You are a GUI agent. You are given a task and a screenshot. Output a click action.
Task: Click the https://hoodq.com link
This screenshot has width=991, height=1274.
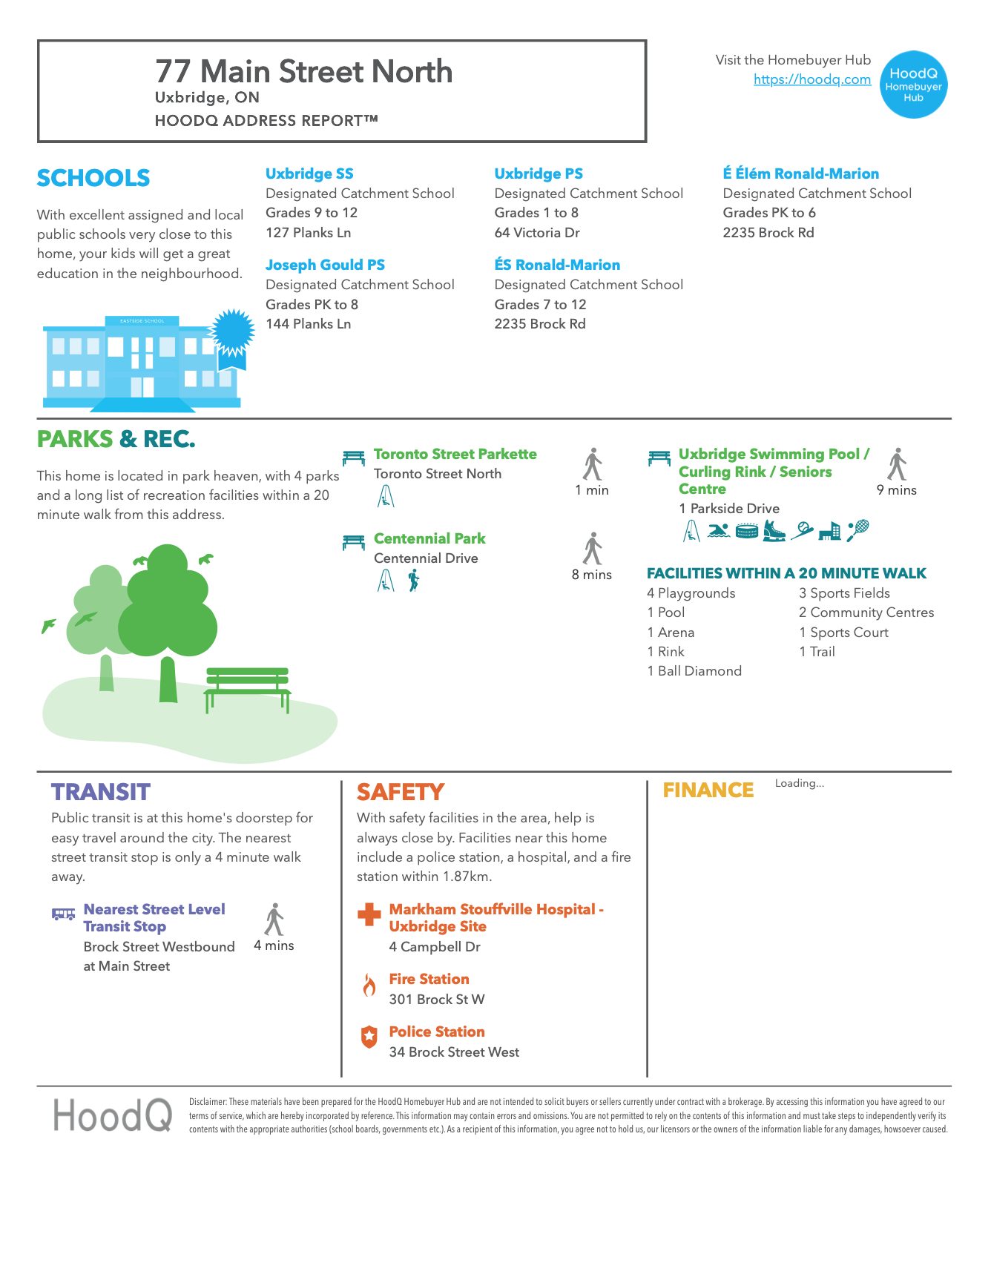tap(811, 79)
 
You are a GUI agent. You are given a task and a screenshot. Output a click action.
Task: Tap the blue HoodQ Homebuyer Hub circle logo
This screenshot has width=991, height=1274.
tap(913, 85)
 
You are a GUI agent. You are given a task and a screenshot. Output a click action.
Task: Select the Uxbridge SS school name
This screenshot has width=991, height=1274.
tap(309, 174)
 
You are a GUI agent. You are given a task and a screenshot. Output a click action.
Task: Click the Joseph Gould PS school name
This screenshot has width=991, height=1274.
tap(325, 265)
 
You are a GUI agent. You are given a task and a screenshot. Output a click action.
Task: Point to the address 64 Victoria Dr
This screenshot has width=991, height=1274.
tap(537, 232)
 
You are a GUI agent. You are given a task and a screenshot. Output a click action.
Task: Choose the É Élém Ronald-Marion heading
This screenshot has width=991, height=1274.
tap(800, 174)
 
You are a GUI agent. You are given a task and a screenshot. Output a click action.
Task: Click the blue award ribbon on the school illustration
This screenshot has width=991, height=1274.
tap(232, 337)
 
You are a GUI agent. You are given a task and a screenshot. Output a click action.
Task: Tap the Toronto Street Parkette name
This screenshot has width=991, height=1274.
tap(455, 454)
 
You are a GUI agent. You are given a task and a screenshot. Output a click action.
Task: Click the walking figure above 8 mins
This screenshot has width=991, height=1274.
tap(592, 549)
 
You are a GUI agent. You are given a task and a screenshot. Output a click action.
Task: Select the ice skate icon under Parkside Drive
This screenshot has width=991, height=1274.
tap(774, 530)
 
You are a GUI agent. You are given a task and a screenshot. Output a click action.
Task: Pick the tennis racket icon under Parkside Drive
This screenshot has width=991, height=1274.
tap(857, 530)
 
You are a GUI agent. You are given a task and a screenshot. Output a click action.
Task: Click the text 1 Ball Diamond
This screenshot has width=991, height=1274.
tap(694, 671)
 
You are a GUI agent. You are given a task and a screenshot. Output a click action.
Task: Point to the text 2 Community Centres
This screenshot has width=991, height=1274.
tap(866, 613)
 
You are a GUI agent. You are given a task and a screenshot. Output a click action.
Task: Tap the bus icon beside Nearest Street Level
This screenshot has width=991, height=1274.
tap(63, 914)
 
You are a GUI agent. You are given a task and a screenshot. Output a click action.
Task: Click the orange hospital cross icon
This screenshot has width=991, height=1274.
tap(369, 914)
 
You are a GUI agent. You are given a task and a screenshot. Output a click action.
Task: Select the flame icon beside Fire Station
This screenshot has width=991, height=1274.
tap(369, 986)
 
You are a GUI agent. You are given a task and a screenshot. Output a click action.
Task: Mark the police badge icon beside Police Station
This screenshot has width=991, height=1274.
tap(369, 1037)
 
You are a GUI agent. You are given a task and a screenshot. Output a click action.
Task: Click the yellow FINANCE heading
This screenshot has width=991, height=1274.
tap(708, 791)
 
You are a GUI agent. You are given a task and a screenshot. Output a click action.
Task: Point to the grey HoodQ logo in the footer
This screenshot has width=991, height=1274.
tap(112, 1115)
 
